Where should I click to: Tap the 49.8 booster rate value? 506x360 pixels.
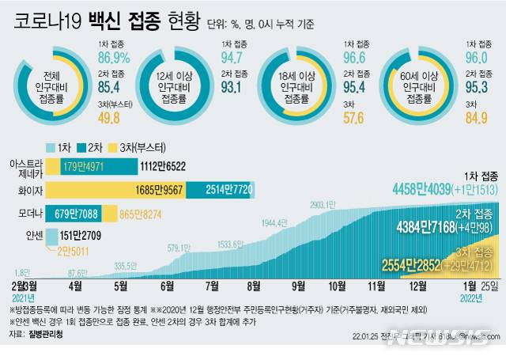[x=108, y=119]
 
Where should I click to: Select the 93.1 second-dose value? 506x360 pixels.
[x=232, y=88]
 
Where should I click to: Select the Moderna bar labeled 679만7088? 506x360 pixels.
[x=79, y=214]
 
